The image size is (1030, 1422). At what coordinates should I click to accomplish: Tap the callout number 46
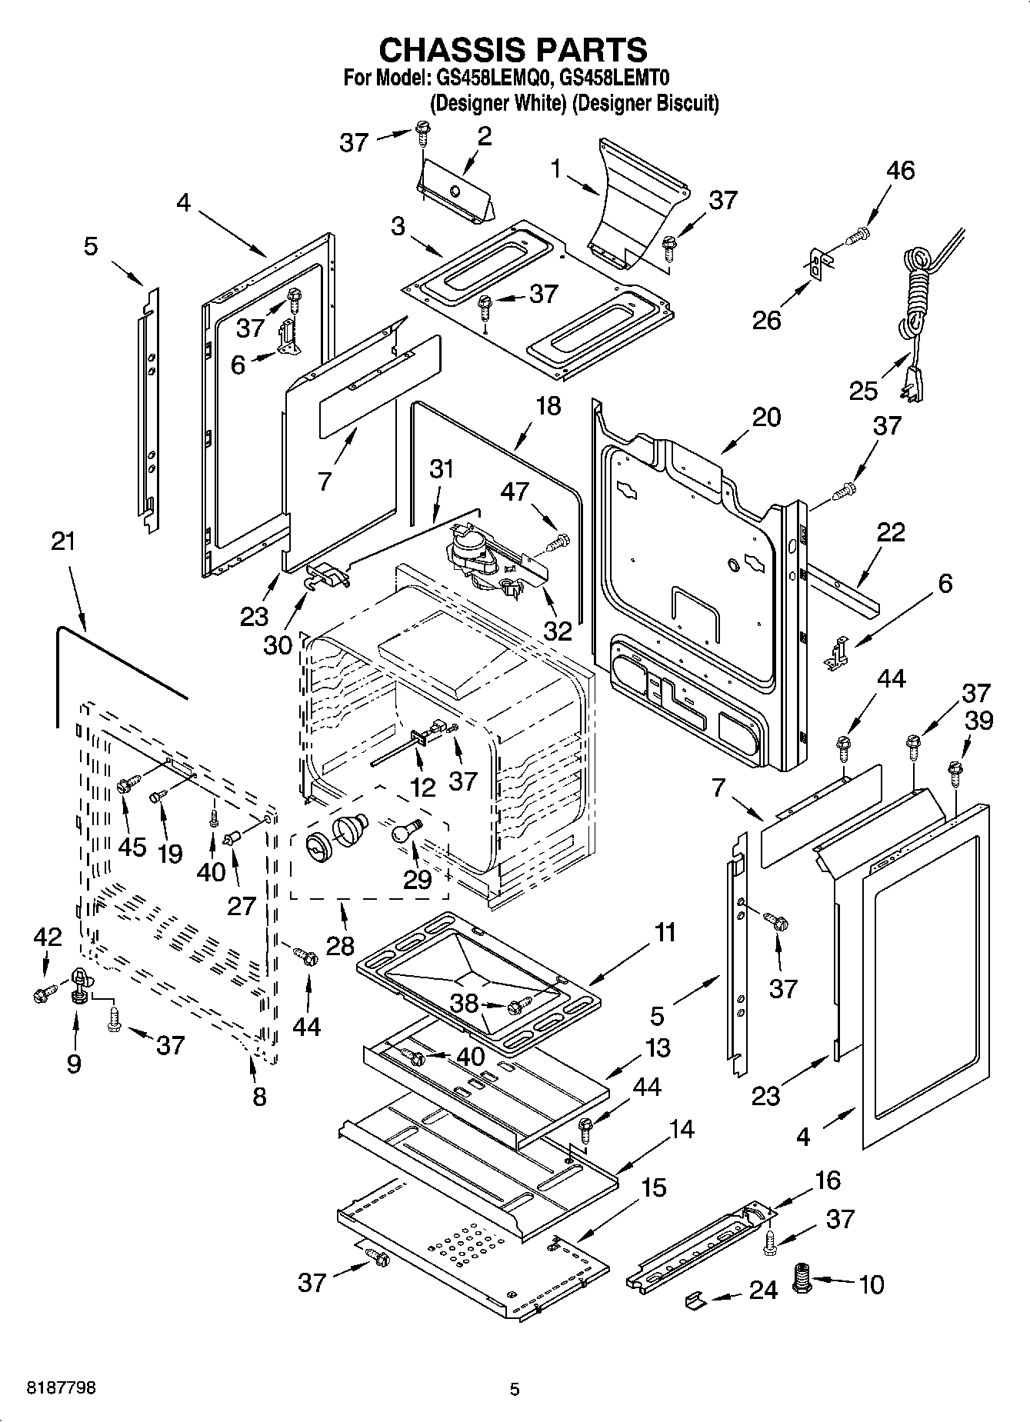tap(900, 170)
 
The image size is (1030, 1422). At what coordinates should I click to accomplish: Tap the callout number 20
tap(766, 417)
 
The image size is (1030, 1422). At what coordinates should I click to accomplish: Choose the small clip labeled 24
tap(694, 1299)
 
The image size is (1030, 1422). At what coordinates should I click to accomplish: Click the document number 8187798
tap(62, 1388)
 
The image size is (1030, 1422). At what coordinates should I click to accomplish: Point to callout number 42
tap(48, 937)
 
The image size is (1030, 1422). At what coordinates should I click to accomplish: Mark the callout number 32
tap(558, 630)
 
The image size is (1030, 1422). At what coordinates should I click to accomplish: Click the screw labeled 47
tap(559, 543)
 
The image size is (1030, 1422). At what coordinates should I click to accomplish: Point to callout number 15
tap(653, 1187)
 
